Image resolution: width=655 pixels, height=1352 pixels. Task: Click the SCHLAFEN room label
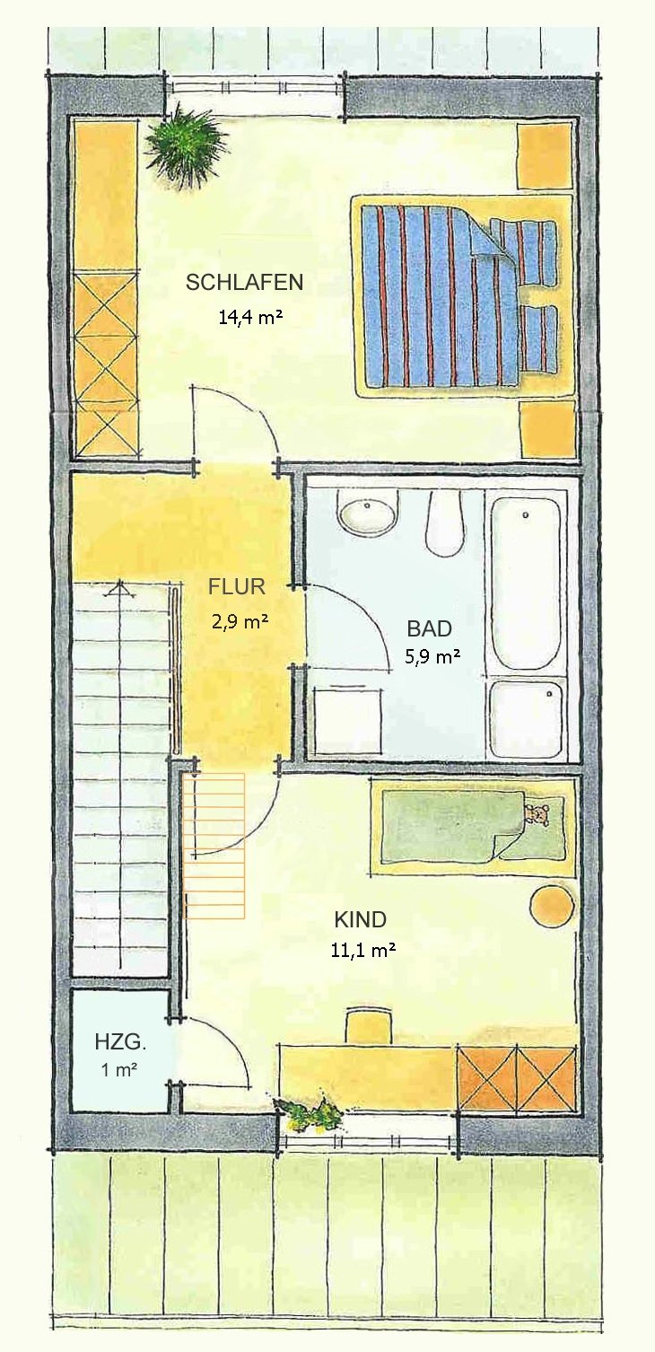(x=244, y=283)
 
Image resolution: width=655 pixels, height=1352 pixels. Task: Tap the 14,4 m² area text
(x=250, y=317)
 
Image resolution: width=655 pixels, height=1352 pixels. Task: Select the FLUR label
(x=236, y=586)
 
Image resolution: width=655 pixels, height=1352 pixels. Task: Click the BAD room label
(x=430, y=628)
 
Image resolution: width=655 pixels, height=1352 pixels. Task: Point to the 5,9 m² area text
(x=433, y=656)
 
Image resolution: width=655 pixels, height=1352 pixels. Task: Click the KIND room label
(x=360, y=920)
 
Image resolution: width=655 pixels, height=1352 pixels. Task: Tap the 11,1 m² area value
(x=363, y=950)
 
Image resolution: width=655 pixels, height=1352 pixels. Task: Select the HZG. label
(x=120, y=1041)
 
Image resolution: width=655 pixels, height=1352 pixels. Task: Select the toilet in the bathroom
(x=445, y=522)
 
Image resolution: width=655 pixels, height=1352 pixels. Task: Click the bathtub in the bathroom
(x=527, y=583)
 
